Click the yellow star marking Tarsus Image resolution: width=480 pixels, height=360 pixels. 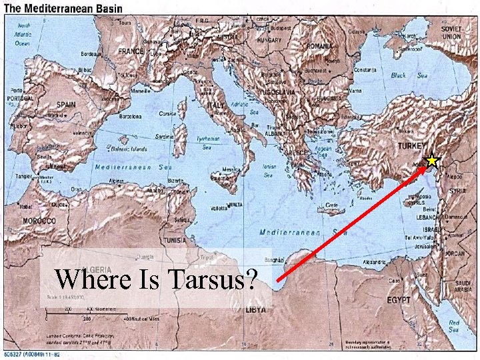[432, 160]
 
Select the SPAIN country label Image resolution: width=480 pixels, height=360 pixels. [66, 105]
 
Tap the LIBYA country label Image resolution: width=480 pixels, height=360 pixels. [256, 311]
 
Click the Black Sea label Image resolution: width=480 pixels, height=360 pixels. [408, 76]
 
